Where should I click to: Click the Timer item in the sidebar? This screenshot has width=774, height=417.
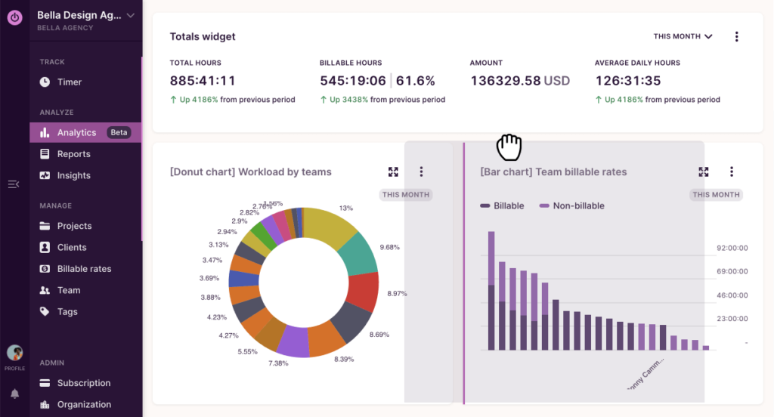69,82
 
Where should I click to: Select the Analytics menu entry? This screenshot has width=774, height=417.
76,133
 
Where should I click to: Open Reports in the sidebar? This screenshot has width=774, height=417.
73,154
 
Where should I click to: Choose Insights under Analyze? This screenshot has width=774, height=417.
73,175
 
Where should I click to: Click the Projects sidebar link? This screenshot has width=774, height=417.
74,226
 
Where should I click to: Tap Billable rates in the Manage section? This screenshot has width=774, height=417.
84,269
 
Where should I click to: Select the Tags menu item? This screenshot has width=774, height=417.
67,311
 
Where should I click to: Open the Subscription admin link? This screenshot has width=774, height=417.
83,383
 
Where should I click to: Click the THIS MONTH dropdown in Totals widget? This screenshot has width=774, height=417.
683,36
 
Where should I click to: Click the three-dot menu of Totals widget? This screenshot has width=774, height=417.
737,36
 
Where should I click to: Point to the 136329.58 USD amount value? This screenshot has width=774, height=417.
520,81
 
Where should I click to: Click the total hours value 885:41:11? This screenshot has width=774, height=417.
203,81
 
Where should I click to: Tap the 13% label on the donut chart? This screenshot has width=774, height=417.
346,208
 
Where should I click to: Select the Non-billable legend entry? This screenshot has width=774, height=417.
578,205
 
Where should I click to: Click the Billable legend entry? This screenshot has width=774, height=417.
508,205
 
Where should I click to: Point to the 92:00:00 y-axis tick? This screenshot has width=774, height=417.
732,247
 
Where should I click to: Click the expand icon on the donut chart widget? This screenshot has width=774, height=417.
393,172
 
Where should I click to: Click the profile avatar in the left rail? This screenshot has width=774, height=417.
14,353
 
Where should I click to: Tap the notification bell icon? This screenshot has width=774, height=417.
14,394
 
